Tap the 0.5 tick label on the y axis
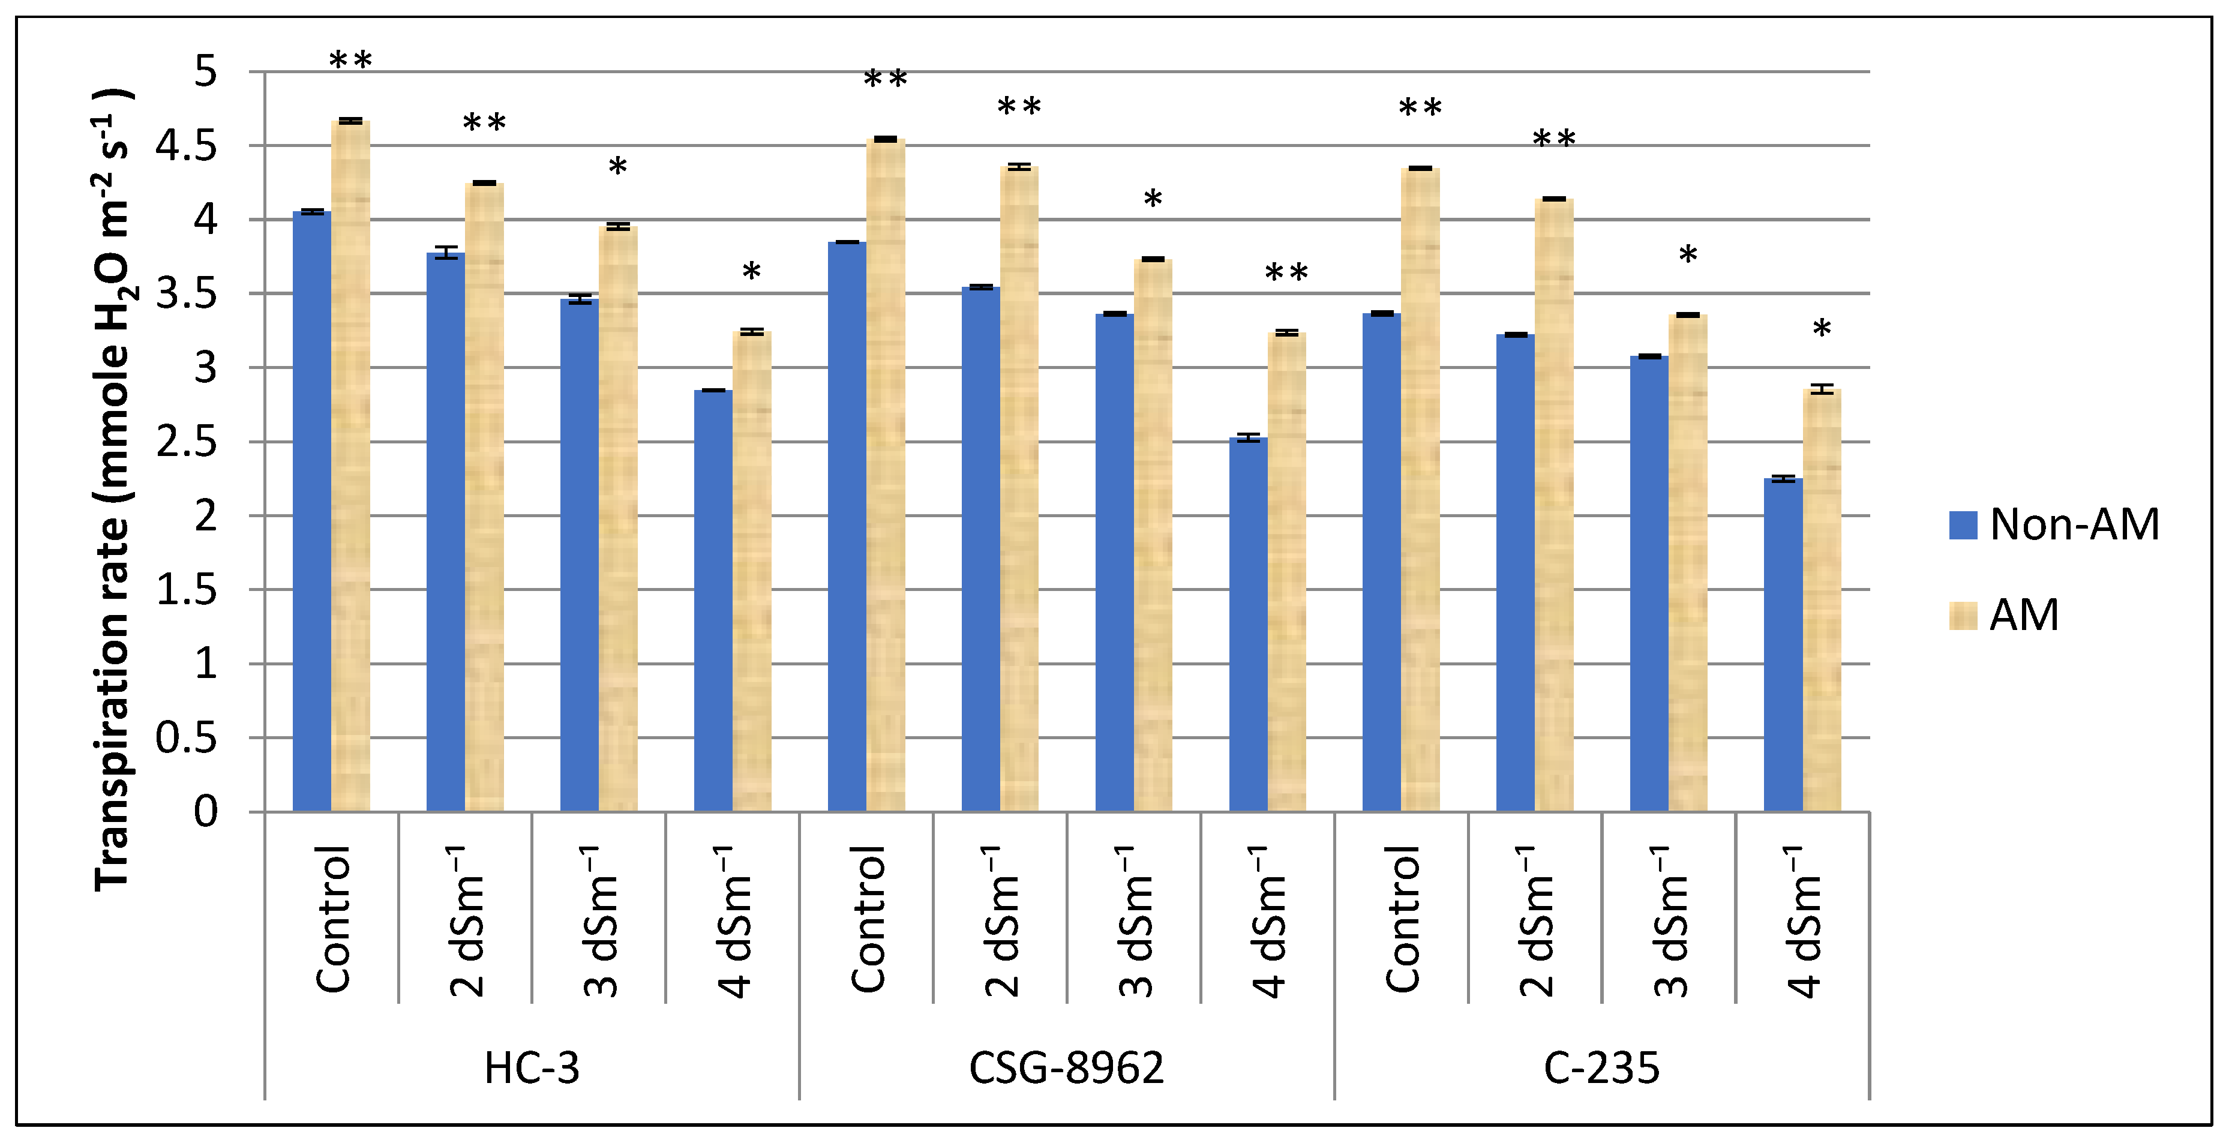(187, 738)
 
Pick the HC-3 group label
(532, 1068)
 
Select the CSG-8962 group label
(1066, 1068)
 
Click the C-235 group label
(1601, 1068)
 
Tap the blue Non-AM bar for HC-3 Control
(312, 510)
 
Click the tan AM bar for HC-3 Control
(351, 467)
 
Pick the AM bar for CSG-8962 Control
(886, 475)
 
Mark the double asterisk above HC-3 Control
(351, 61)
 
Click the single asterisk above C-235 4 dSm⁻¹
(1822, 328)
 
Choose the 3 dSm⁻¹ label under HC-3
(601, 921)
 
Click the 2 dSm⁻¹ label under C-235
(1537, 921)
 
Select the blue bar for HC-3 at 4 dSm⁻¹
(713, 601)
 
